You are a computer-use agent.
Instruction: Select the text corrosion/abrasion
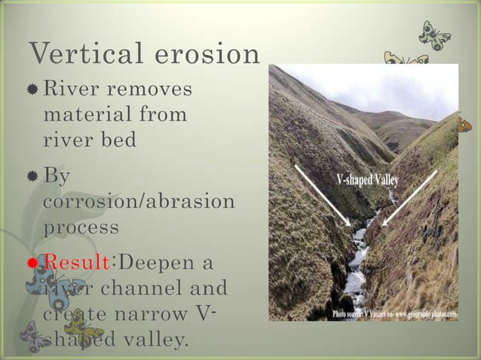(139, 203)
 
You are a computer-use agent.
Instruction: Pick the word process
(81, 227)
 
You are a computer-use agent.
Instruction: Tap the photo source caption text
(393, 312)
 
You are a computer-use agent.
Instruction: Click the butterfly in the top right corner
(434, 35)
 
